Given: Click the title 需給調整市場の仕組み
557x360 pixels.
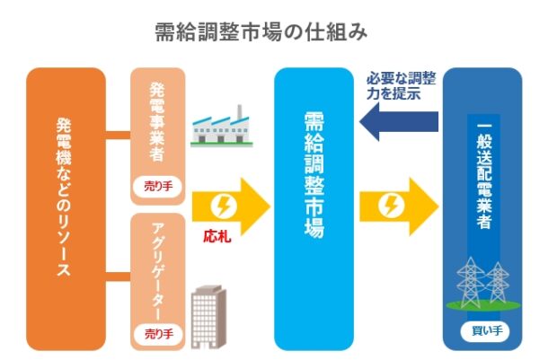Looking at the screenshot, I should point(261,33).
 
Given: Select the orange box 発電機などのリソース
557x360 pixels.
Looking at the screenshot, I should point(65,207).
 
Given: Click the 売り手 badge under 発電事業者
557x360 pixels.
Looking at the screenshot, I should point(158,187).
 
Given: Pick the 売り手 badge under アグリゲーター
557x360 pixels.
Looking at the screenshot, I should point(158,333).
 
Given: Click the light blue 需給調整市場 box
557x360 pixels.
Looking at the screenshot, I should point(314,207).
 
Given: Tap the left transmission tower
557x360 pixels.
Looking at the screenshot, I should point(468,284).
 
